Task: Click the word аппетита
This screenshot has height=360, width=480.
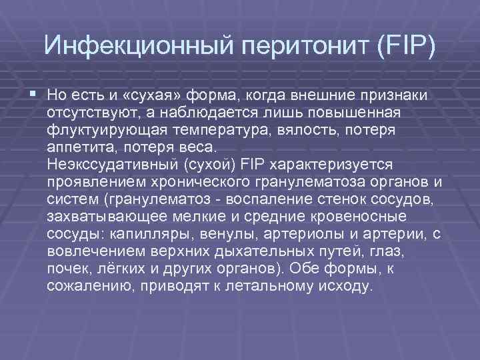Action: point(79,147)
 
